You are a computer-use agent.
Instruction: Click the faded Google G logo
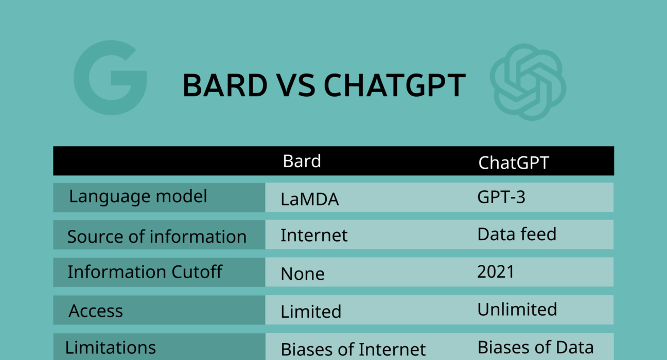[x=90, y=89]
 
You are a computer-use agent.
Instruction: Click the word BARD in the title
[x=225, y=85]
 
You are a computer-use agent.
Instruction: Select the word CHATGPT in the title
[x=395, y=85]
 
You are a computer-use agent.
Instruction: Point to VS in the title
[x=295, y=85]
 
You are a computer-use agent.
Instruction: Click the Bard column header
[x=302, y=161]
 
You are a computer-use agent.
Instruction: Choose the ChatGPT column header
[x=514, y=163]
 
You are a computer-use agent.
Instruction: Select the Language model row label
[x=138, y=196]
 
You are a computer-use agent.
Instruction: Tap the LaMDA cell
[x=310, y=199]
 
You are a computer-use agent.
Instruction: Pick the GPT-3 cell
[x=501, y=197]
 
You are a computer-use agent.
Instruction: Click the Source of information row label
[x=157, y=237]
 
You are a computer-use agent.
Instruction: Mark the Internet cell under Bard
[x=314, y=236]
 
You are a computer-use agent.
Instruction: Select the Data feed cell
[x=517, y=234]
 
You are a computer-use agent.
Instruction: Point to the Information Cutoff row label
[x=145, y=272]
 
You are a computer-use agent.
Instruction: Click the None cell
[x=303, y=274]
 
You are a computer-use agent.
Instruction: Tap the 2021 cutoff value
[x=496, y=272]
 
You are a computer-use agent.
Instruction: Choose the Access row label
[x=96, y=311]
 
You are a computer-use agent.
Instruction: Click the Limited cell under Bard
[x=311, y=312]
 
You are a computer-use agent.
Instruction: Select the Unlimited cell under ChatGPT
[x=517, y=310]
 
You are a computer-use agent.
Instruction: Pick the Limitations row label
[x=111, y=348]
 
